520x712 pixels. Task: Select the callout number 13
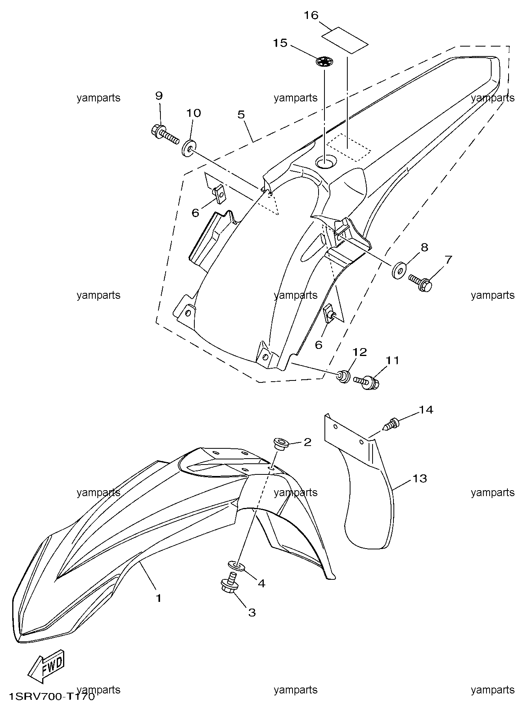tap(420, 478)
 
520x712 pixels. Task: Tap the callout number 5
tap(241, 115)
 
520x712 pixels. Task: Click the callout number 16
tap(311, 15)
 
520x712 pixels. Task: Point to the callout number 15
tap(280, 43)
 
